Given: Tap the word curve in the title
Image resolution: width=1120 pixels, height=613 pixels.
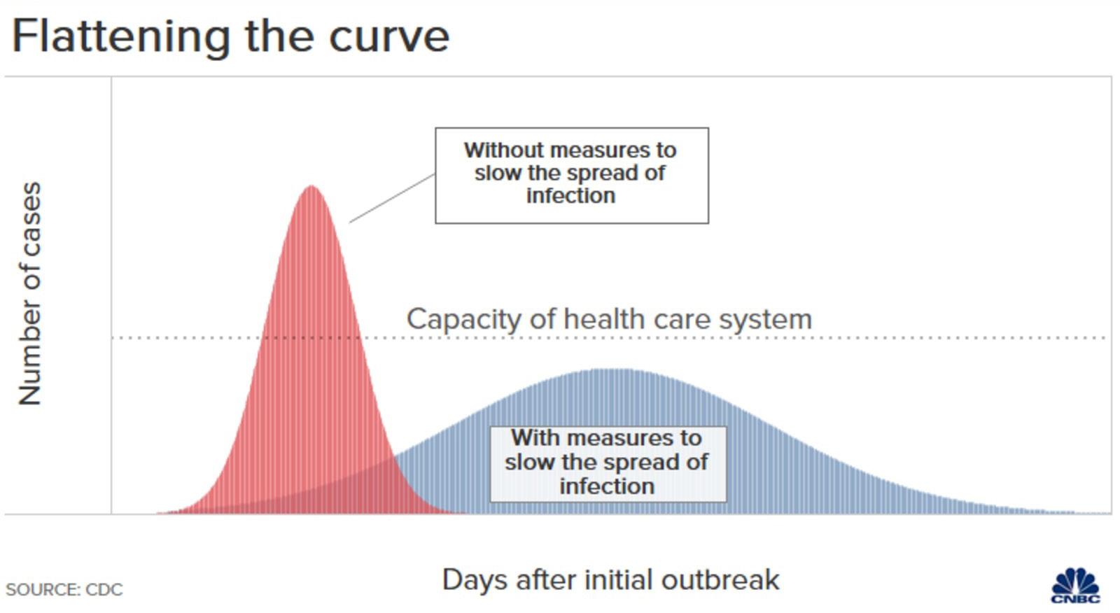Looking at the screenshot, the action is (389, 38).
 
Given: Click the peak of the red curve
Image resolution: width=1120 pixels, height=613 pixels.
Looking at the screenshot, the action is (311, 187).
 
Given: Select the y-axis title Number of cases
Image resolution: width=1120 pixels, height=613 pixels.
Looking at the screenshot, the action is (30, 293).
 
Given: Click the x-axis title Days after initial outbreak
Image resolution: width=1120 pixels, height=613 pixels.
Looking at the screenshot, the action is (610, 580).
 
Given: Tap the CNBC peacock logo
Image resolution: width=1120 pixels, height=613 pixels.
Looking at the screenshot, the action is (1075, 585).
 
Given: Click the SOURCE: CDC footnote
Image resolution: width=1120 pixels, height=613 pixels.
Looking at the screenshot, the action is (64, 589).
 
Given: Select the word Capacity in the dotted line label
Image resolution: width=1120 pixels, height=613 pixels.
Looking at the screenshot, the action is (463, 320).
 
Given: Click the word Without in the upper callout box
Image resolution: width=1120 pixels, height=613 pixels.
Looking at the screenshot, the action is (503, 150).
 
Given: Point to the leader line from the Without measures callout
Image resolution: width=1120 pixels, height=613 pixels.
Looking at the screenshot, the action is (393, 198).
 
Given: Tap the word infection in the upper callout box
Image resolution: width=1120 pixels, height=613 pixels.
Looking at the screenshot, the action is (570, 195).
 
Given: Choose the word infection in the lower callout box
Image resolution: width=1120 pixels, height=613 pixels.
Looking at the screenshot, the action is (606, 486).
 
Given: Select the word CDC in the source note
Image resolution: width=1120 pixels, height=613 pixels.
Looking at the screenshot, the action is (104, 589).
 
